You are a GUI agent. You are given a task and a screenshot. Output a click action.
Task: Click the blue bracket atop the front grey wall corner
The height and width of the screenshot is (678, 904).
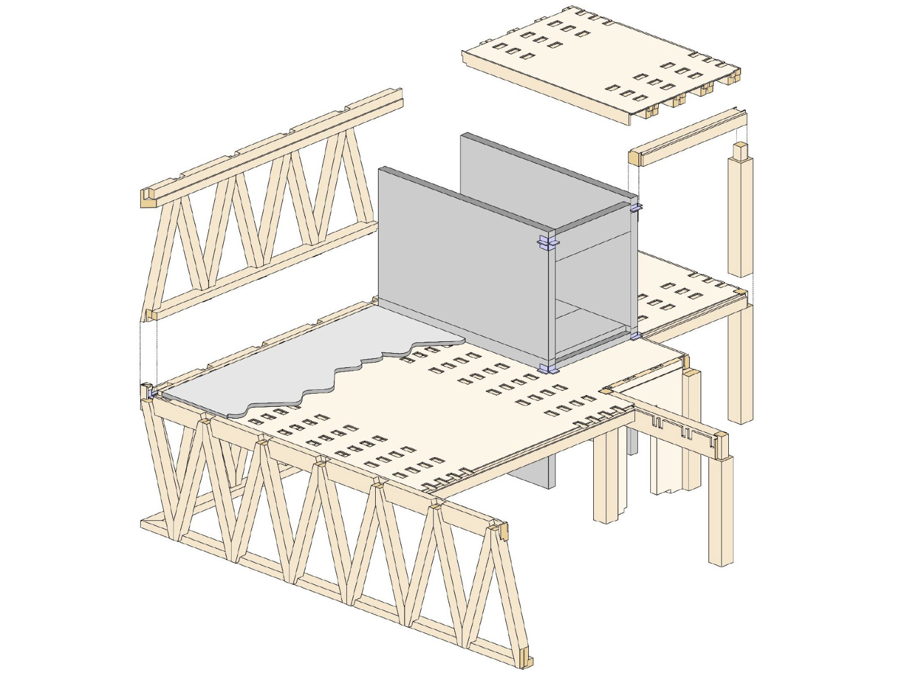click(547, 243)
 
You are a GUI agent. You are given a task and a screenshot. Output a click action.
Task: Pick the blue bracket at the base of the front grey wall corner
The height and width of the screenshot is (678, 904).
click(547, 370)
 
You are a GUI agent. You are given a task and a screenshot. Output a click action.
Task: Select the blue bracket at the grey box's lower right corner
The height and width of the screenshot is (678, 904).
click(636, 336)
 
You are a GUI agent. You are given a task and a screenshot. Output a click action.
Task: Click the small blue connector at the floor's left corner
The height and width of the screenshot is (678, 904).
click(150, 392)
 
